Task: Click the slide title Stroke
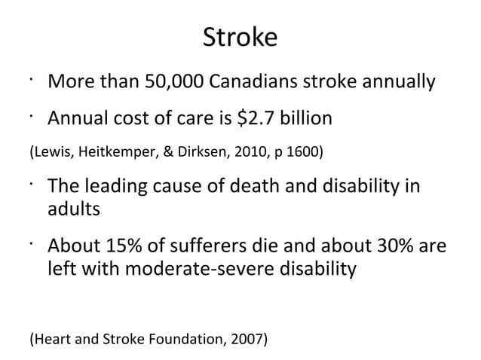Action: (x=240, y=37)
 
